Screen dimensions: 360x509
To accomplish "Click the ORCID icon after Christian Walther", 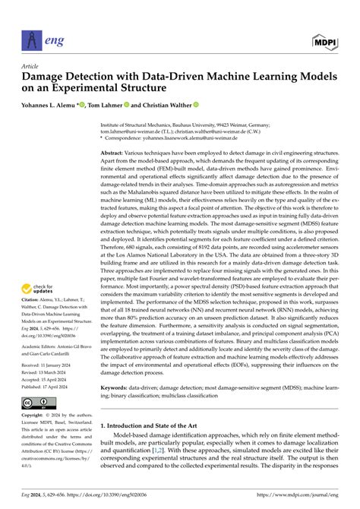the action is click(196, 106).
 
